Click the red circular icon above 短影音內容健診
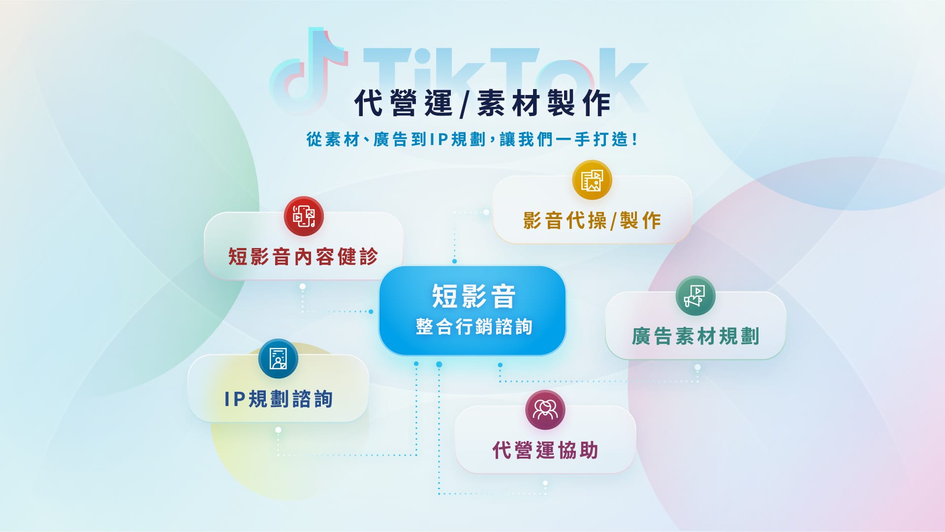tap(304, 216)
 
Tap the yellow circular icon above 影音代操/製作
tap(592, 180)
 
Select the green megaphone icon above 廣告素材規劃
tap(695, 296)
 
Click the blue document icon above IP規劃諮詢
tap(278, 359)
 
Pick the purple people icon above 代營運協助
tap(545, 410)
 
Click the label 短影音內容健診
tap(303, 256)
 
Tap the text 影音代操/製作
tap(592, 220)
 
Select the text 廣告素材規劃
tap(695, 336)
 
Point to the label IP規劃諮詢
tap(279, 399)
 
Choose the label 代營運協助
tap(545, 450)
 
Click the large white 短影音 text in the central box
tap(473, 296)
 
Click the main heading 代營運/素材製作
tap(482, 103)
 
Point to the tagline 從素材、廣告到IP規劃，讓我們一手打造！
tap(472, 139)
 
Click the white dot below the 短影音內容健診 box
tap(303, 286)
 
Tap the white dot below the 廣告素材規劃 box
tap(697, 367)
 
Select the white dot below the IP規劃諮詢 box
tap(278, 430)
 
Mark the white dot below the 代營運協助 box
tap(545, 483)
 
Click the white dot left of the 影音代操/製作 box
tap(486, 213)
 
